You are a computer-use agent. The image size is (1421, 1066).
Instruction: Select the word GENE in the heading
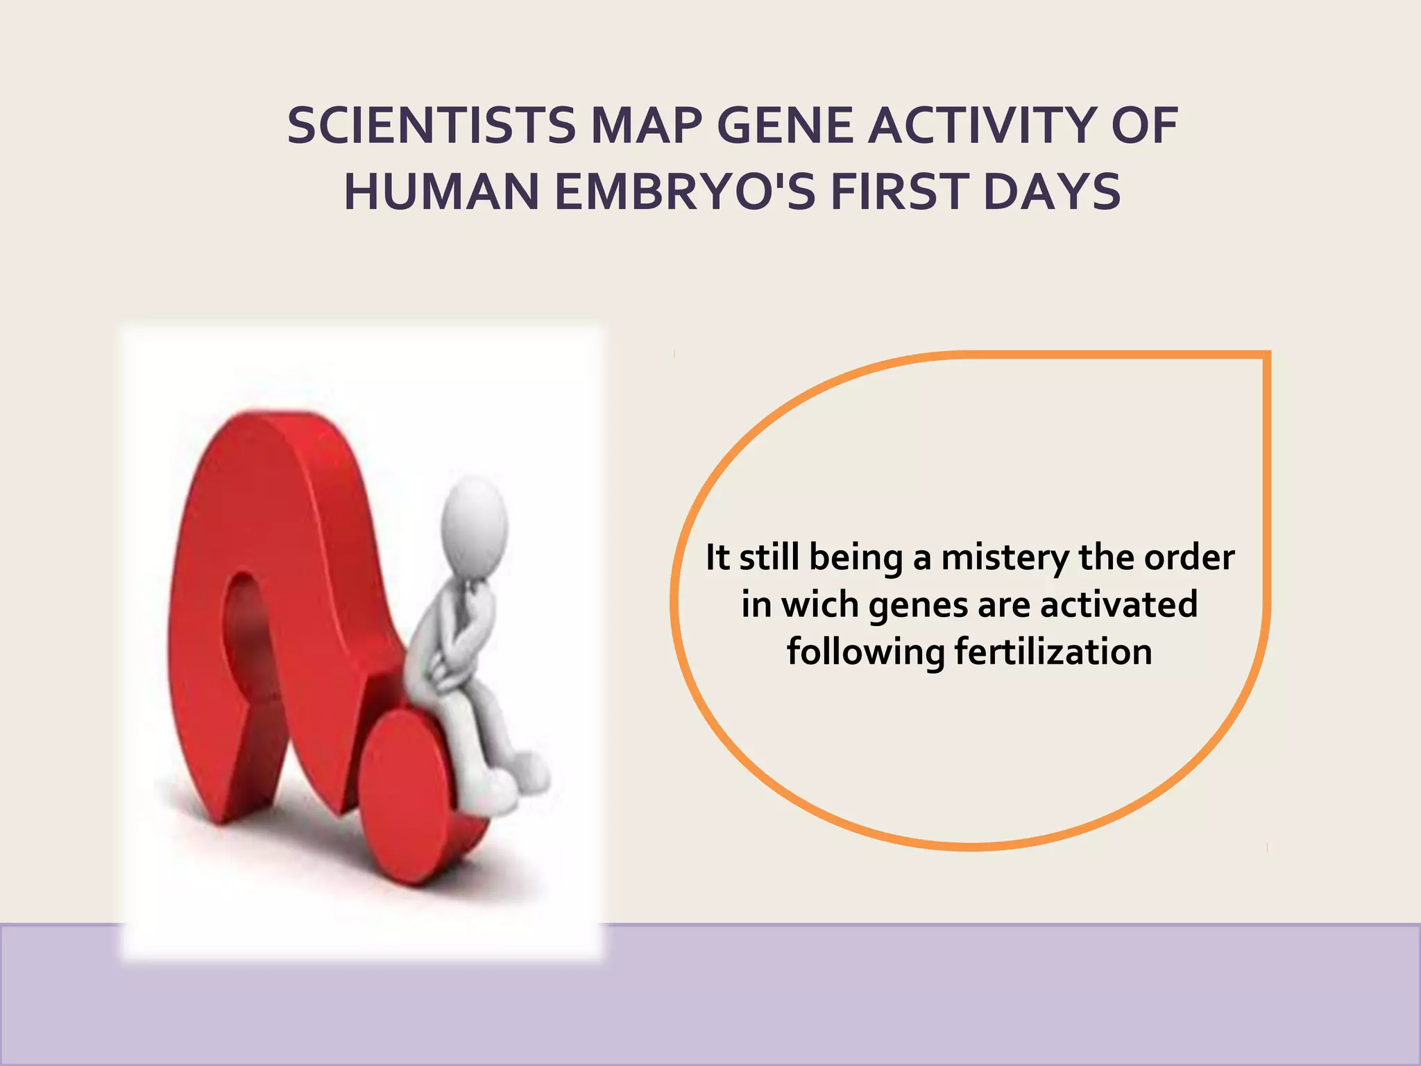click(784, 126)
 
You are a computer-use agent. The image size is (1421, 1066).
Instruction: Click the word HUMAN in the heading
click(441, 192)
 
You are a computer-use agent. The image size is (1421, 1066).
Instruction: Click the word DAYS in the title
click(1052, 192)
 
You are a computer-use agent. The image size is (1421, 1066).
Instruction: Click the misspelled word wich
click(821, 605)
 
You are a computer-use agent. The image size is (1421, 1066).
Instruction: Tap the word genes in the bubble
click(919, 605)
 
